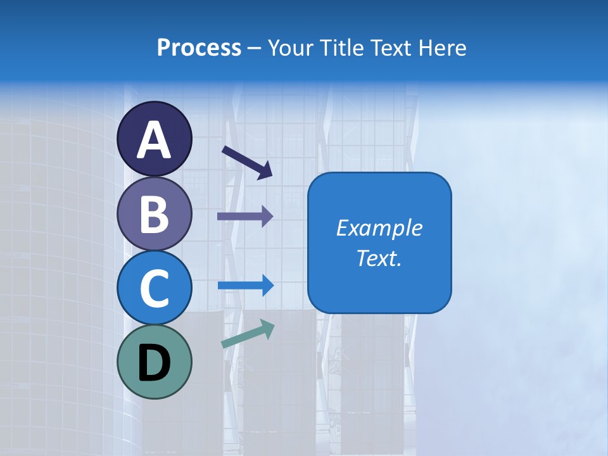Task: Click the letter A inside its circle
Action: point(154,140)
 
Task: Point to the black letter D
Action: point(154,363)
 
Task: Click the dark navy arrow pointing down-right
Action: point(248,162)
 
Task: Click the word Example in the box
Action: point(379,228)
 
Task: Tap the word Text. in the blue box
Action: point(379,258)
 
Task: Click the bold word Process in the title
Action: point(199,48)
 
